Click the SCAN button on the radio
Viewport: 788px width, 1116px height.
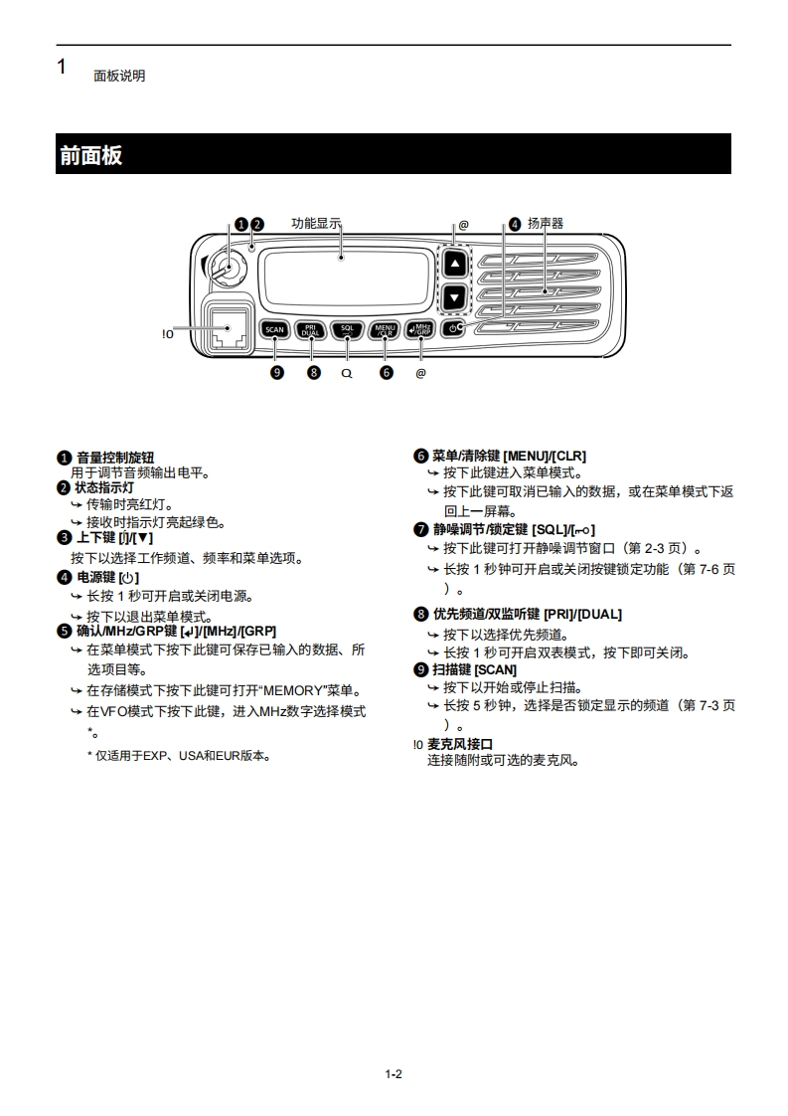[x=275, y=329]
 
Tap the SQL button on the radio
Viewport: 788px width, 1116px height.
[x=347, y=329]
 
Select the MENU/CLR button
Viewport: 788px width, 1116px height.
[x=385, y=329]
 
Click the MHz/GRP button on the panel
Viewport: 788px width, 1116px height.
[x=420, y=329]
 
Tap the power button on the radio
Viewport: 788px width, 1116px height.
[x=454, y=328]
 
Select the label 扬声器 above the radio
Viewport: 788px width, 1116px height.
[x=546, y=224]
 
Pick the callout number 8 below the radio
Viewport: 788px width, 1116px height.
[x=314, y=373]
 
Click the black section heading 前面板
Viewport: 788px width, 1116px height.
[x=90, y=155]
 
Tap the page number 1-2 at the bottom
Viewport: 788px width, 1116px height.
[x=394, y=1073]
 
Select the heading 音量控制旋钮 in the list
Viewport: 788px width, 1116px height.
[x=115, y=458]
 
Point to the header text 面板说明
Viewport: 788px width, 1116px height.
[x=119, y=76]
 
